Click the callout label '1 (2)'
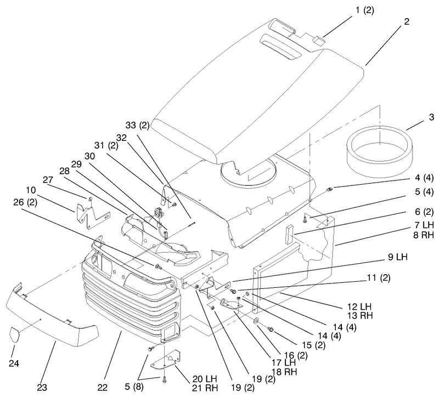click(x=364, y=11)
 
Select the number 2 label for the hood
click(x=407, y=21)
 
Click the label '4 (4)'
click(x=424, y=177)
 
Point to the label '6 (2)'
click(x=424, y=212)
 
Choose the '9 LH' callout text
click(x=397, y=257)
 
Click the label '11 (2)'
click(x=379, y=278)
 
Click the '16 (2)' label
click(x=296, y=355)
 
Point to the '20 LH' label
click(x=204, y=379)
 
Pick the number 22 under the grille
click(x=103, y=388)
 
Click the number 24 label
click(x=14, y=363)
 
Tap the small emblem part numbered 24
click(x=15, y=334)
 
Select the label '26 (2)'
click(x=25, y=202)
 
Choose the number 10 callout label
click(x=31, y=190)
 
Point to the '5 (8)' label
click(x=134, y=387)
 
